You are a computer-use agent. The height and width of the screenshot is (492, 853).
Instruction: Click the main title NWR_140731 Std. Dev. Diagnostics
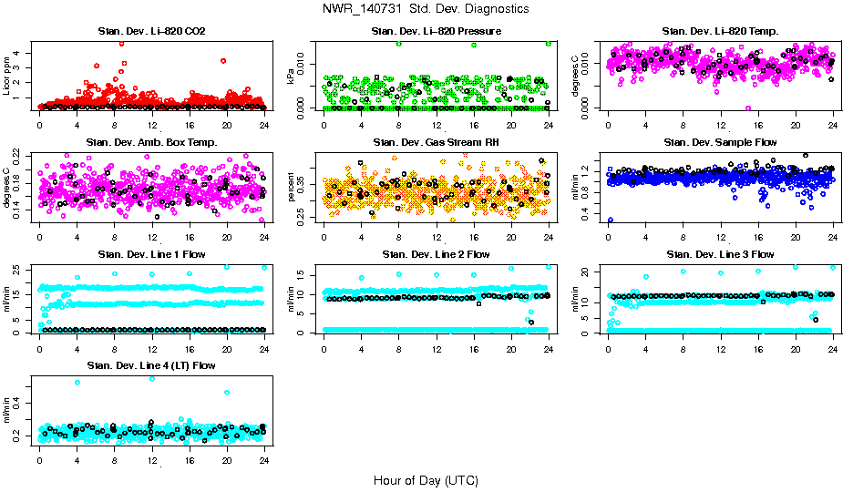425,8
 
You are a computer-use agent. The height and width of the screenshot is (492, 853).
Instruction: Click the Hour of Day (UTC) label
425,480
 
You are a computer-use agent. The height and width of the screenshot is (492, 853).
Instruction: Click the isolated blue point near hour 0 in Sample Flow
610,220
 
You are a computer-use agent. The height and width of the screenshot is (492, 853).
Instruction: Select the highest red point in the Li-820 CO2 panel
121,43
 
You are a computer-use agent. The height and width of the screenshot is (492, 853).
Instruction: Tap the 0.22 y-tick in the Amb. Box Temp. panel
20,156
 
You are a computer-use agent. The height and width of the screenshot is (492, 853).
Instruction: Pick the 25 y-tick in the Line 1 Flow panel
20,269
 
